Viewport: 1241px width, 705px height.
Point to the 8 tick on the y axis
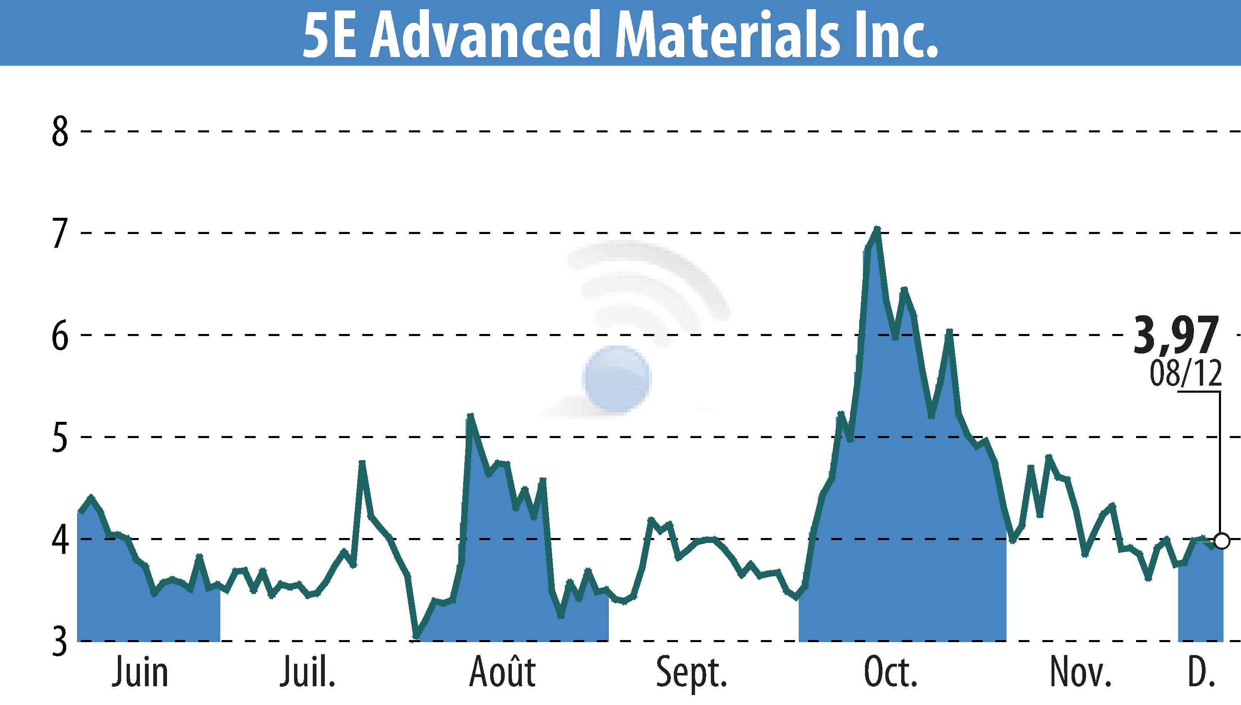click(60, 132)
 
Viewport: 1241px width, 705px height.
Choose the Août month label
click(502, 672)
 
